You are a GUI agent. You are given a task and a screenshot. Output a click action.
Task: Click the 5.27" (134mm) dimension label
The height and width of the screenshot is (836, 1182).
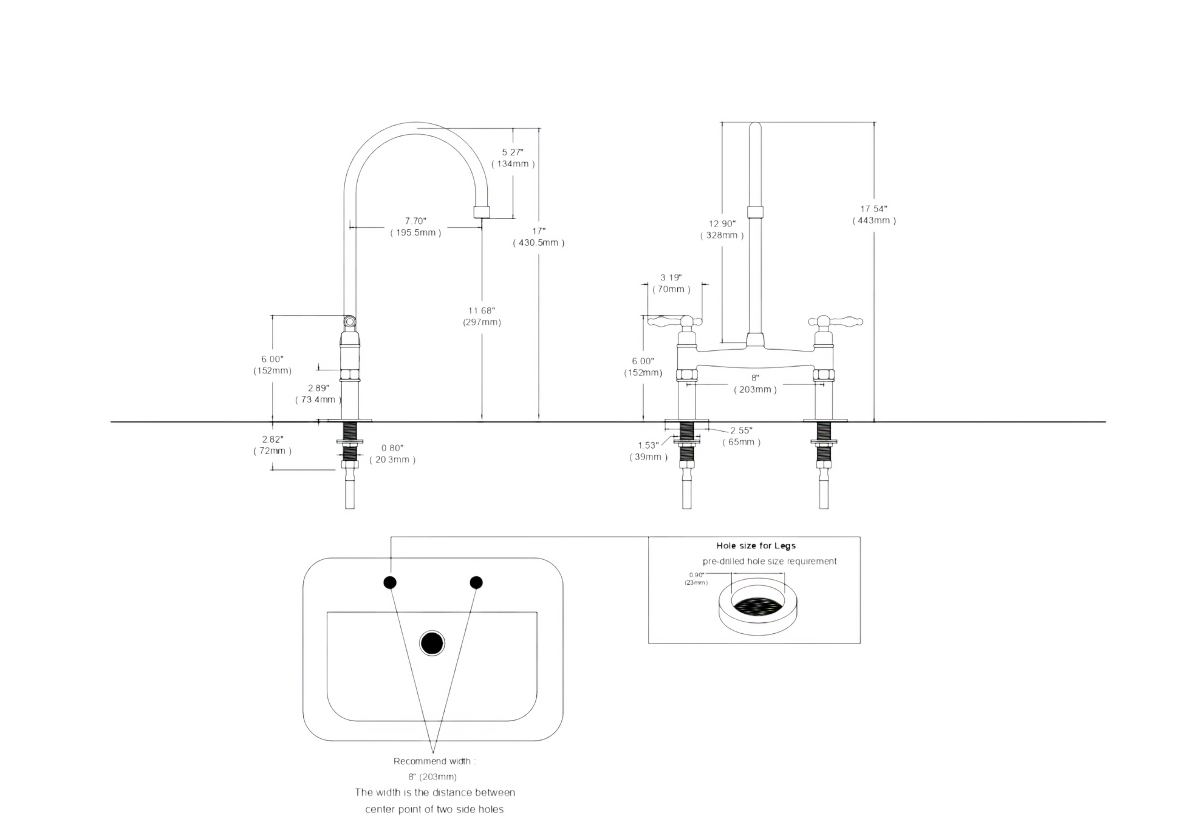click(x=513, y=158)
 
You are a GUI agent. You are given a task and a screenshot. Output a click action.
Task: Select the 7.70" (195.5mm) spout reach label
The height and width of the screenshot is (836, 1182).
click(x=415, y=226)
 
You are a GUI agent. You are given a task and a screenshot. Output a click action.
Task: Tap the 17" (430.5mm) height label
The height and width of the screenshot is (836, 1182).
click(x=539, y=237)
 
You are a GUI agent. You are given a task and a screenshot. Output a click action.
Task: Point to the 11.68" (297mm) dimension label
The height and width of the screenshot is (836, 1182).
click(x=482, y=316)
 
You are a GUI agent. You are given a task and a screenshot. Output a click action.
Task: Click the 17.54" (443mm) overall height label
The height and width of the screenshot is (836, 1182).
click(x=874, y=214)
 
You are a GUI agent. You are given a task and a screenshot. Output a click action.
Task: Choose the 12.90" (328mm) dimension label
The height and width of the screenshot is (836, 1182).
click(x=722, y=229)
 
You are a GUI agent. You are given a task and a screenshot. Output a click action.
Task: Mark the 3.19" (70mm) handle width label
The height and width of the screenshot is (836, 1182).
click(x=671, y=284)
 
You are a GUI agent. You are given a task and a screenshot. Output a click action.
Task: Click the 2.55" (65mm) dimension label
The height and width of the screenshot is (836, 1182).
click(x=741, y=436)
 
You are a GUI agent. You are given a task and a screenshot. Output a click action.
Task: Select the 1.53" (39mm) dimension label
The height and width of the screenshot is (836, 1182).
click(x=648, y=451)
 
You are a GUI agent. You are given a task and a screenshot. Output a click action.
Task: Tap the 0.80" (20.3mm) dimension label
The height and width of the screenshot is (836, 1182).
click(x=392, y=454)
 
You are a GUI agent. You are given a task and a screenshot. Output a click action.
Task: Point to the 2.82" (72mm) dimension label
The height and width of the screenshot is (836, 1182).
click(x=273, y=445)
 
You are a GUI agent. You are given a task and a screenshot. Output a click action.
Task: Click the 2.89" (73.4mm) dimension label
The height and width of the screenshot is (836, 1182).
click(x=318, y=393)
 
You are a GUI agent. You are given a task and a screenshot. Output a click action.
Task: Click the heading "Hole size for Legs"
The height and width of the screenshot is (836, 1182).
click(x=756, y=546)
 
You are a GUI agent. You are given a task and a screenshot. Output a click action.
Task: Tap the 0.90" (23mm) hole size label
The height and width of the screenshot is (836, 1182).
click(x=696, y=579)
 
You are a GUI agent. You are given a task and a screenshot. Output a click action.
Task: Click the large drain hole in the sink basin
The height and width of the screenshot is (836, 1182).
click(x=432, y=644)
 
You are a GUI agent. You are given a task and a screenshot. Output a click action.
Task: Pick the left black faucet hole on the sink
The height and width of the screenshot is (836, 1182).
click(x=390, y=583)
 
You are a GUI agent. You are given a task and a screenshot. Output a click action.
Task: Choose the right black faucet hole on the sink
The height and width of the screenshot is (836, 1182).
click(x=476, y=583)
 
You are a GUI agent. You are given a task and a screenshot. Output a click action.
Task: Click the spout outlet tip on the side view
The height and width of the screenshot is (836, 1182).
click(x=482, y=212)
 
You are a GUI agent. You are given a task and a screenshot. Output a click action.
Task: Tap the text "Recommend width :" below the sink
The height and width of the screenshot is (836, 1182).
click(x=434, y=761)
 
